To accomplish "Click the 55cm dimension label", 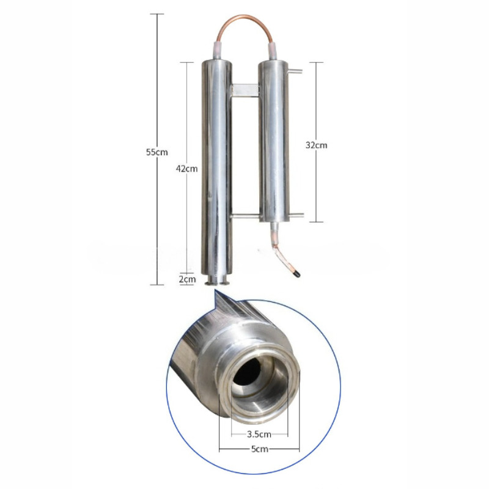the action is (x=157, y=152).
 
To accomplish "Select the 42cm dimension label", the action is (x=186, y=169).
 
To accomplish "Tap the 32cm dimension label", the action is (x=316, y=145).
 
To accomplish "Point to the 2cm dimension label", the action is (x=188, y=279).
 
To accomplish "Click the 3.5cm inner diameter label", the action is (x=259, y=434).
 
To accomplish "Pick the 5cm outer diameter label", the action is (x=259, y=449).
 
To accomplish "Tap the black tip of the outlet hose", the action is (x=296, y=274).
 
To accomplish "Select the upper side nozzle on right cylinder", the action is (x=295, y=72).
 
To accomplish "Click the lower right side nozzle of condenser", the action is (x=296, y=215).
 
